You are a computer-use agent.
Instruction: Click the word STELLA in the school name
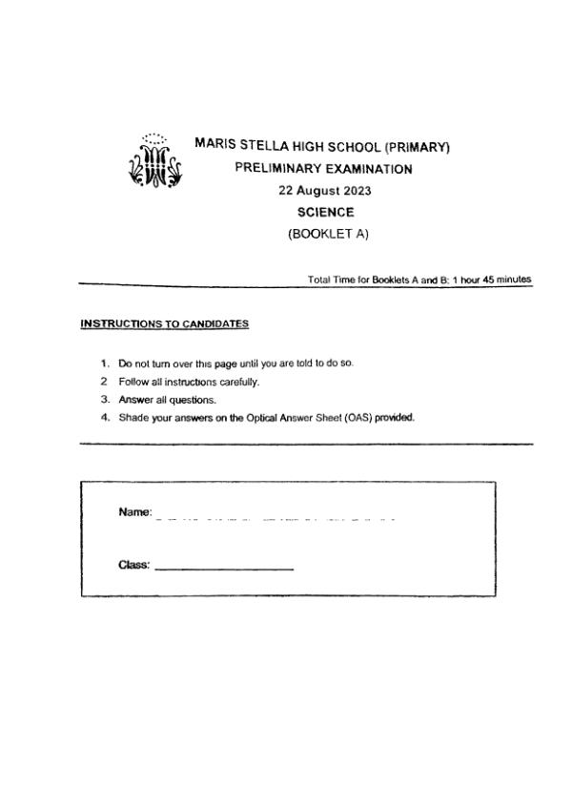[x=259, y=147]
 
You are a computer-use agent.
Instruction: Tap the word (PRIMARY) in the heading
[x=416, y=147]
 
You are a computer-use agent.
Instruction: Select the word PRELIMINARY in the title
[x=277, y=169]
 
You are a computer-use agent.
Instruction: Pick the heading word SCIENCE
[x=325, y=213]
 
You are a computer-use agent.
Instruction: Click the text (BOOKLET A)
[x=325, y=235]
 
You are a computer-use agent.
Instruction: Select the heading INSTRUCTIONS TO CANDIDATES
[x=165, y=324]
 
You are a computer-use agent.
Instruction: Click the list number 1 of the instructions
[x=104, y=364]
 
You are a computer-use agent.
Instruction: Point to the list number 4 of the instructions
[x=104, y=417]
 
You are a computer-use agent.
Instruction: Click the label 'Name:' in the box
[x=135, y=512]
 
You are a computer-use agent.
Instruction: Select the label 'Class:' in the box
[x=134, y=565]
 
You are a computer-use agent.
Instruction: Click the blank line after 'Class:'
[x=224, y=570]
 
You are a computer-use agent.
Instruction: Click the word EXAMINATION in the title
[x=366, y=169]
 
